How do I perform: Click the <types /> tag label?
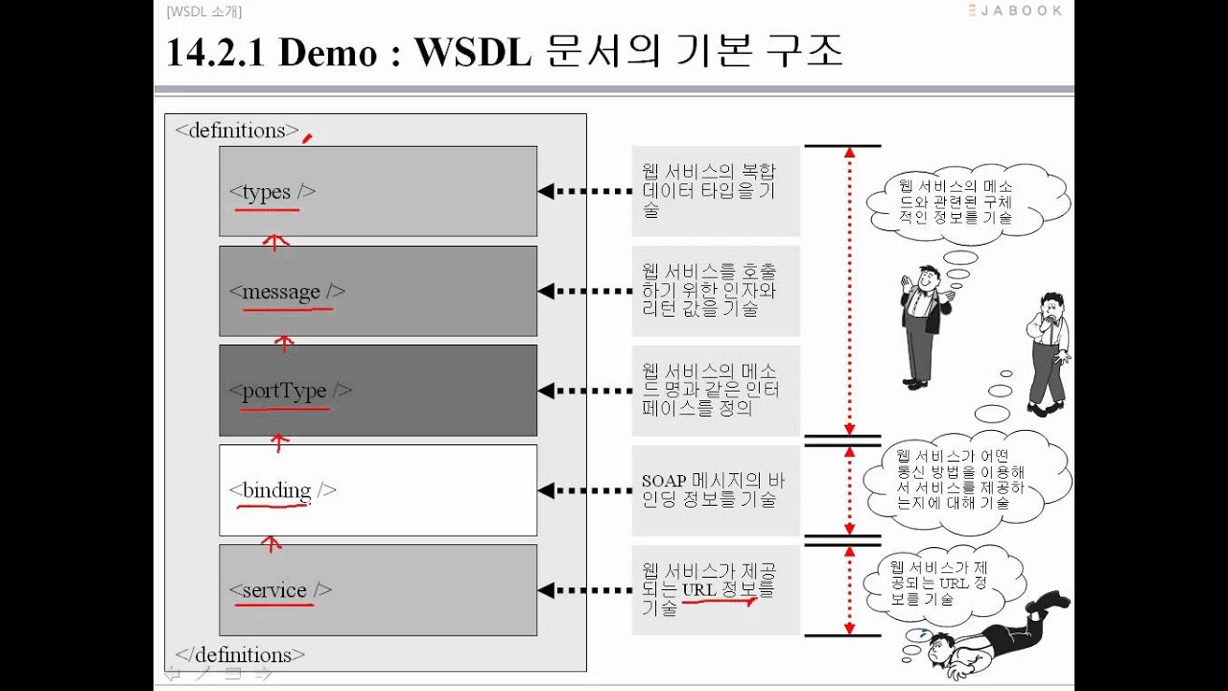pos(272,192)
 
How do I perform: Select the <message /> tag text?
pos(287,291)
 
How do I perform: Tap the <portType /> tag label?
pos(291,391)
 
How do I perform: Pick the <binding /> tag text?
pos(283,490)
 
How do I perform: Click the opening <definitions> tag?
pos(237,131)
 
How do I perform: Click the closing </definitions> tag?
pos(240,655)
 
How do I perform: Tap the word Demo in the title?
pos(328,53)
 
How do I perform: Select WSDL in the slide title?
pos(473,53)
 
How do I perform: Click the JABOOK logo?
pos(1015,11)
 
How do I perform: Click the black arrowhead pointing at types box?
pos(546,191)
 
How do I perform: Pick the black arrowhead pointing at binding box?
pos(546,490)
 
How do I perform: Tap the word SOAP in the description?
pos(664,481)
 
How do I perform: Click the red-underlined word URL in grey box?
pos(699,590)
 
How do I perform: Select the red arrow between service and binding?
pos(271,544)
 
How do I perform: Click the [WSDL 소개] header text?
pos(204,12)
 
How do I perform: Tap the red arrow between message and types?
pos(275,243)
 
